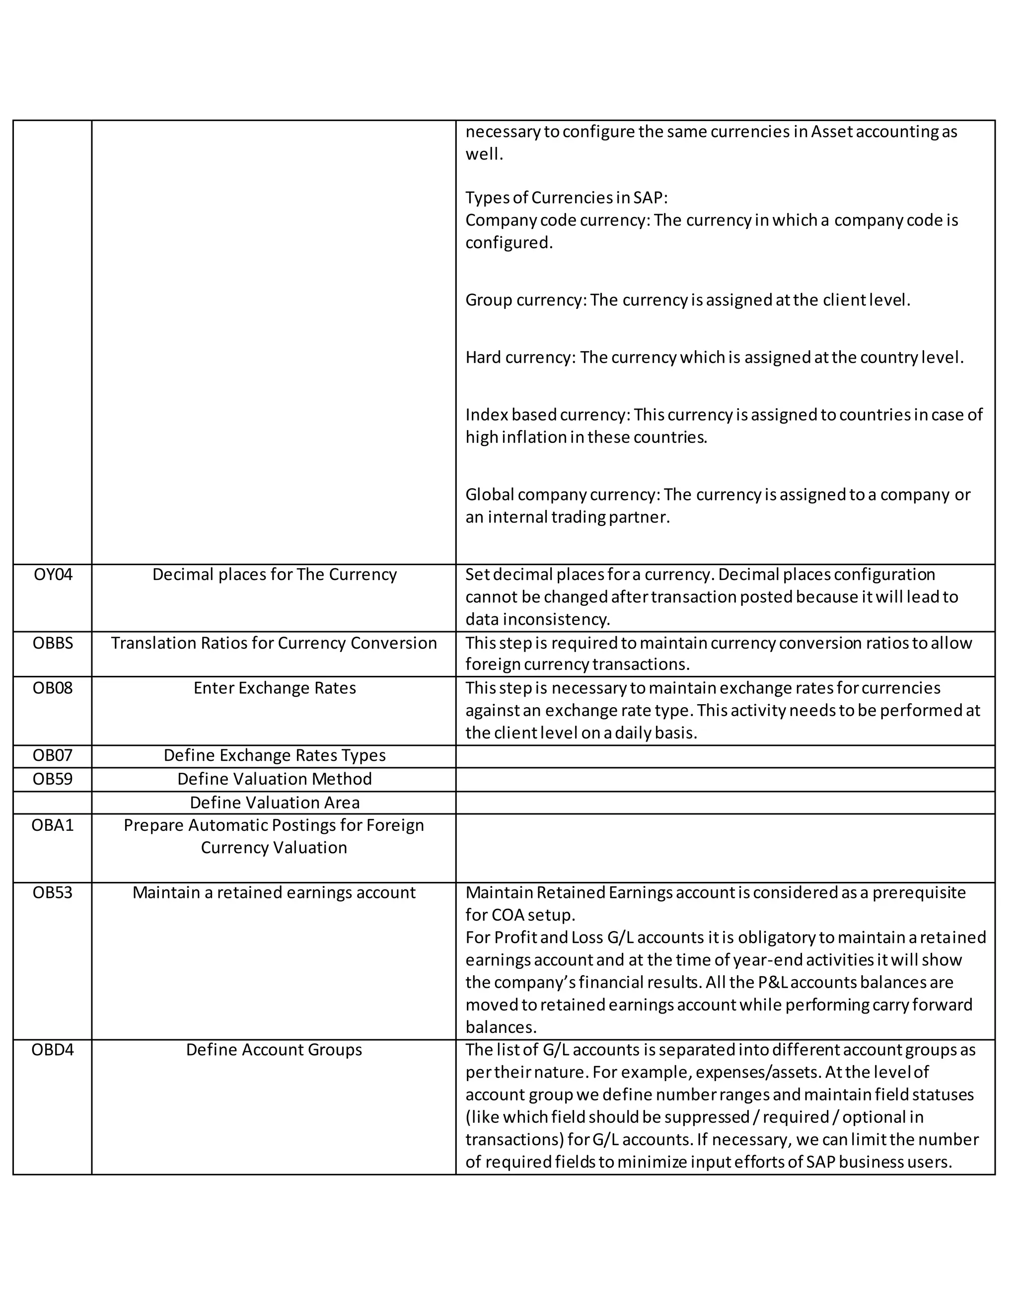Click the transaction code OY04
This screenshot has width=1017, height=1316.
53,574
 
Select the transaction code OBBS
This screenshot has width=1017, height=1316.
53,643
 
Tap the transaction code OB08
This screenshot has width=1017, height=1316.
53,687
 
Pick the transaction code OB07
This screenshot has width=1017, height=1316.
53,755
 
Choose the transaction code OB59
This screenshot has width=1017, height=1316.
53,779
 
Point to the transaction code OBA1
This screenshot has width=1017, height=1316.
53,825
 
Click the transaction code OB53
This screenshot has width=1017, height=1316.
53,892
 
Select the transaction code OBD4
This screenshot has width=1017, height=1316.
53,1050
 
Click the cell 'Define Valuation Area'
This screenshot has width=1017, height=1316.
274,803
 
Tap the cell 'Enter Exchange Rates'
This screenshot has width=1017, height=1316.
274,687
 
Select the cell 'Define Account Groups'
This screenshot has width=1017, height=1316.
274,1050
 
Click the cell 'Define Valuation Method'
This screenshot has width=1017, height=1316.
274,779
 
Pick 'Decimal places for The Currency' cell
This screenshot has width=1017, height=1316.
274,574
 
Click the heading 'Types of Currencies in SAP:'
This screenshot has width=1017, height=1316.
566,198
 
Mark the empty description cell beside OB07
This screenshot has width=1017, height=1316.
725,756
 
